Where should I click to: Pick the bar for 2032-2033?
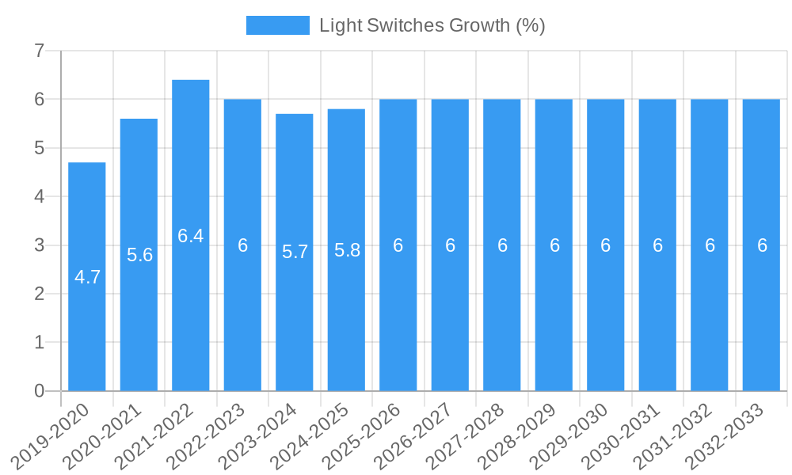(761, 317)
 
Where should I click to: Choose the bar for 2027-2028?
(502, 317)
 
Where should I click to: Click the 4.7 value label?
(87, 277)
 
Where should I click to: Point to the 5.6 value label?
(139, 255)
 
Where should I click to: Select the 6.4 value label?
(191, 236)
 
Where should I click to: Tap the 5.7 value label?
(295, 253)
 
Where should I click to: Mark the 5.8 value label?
(347, 250)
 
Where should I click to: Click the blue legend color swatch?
(277, 25)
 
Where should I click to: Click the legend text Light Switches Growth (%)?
(432, 25)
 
